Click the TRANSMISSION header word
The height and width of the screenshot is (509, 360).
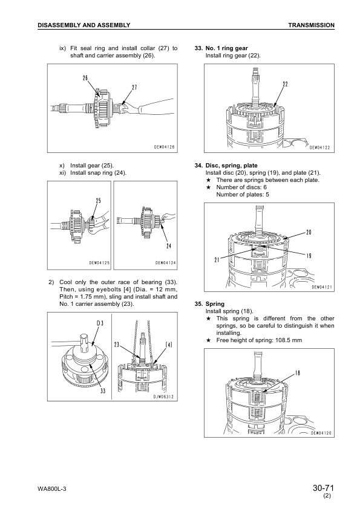pos(311,25)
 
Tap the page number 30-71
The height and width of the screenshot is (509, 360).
pos(323,488)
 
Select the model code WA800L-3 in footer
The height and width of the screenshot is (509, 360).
pos(52,489)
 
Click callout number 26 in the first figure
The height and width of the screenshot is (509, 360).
pos(85,78)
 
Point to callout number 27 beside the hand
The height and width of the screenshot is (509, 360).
pos(134,88)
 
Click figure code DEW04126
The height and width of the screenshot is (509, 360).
pos(164,147)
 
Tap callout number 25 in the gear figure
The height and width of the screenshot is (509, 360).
pos(98,201)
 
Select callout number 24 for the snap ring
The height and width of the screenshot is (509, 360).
pos(169,246)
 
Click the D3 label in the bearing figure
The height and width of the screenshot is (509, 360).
pos(100,323)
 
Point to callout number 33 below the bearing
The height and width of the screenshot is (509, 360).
pos(103,391)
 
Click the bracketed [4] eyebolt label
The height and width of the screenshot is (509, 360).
pos(169,345)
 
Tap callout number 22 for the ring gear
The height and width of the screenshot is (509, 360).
pos(285,85)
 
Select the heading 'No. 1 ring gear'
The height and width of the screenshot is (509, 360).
pos(226,48)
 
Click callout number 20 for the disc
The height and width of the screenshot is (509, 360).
pos(309,232)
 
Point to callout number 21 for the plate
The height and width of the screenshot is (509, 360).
pos(217,260)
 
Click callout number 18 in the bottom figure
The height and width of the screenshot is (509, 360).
pos(297,373)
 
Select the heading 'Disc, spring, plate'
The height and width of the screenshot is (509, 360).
pos(231,166)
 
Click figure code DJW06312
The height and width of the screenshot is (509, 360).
pos(164,397)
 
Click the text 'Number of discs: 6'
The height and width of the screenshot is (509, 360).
pos(241,187)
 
